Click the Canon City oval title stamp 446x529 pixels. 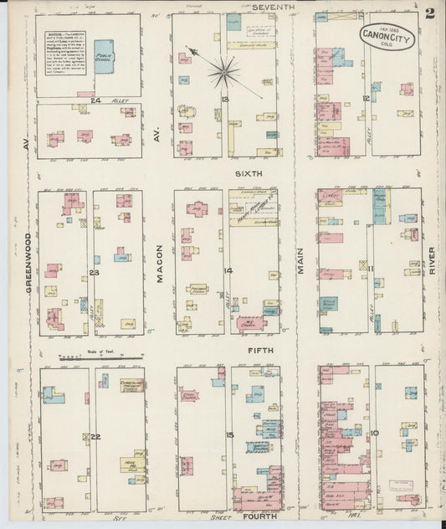tap(387, 36)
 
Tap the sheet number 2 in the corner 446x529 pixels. tap(430, 13)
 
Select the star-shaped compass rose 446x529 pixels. tap(223, 70)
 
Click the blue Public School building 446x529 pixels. tap(104, 56)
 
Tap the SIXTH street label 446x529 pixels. tap(249, 173)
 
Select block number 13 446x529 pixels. tap(224, 100)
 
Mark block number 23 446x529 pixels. tap(95, 273)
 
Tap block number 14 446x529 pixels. tap(228, 270)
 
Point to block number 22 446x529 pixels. tap(96, 437)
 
